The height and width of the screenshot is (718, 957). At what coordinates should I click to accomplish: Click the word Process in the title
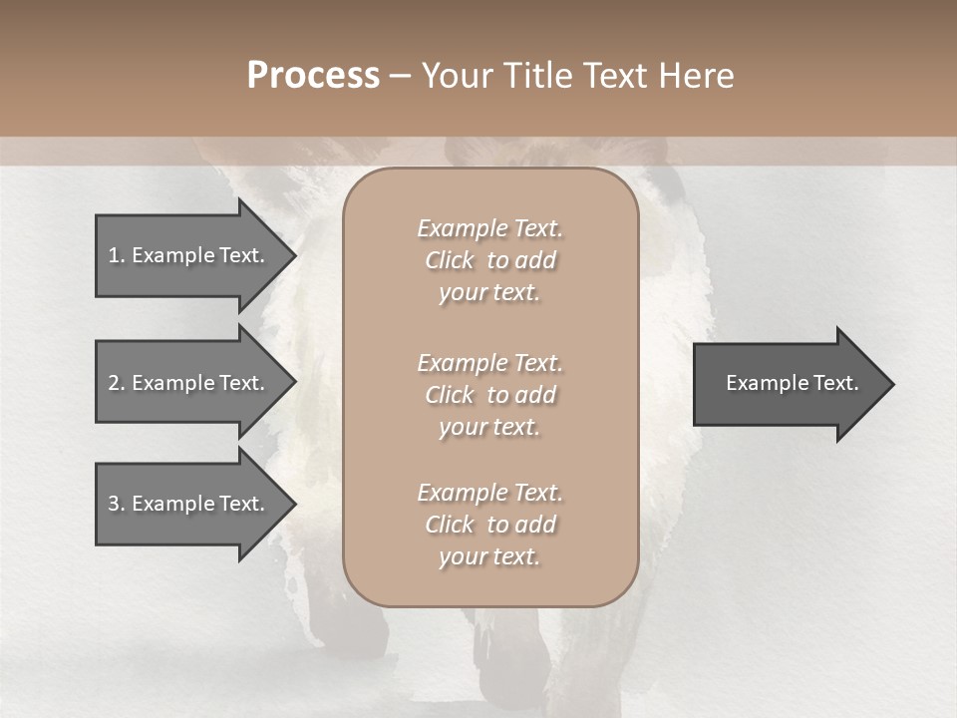(x=313, y=76)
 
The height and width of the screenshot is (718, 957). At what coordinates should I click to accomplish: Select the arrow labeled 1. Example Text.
(x=186, y=255)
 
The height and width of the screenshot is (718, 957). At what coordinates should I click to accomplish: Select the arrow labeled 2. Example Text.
(x=186, y=383)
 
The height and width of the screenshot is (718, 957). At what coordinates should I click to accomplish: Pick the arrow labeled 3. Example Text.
(x=186, y=504)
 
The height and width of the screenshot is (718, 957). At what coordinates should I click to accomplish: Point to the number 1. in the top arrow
(x=117, y=255)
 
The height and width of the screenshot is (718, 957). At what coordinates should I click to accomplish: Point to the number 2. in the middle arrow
(x=117, y=383)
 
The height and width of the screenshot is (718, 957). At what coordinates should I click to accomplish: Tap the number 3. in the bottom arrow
(x=117, y=504)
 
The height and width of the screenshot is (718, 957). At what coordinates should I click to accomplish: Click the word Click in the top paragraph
(x=450, y=260)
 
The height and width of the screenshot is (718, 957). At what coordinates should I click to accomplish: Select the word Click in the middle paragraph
(x=450, y=395)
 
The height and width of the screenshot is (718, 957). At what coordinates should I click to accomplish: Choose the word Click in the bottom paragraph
(x=450, y=525)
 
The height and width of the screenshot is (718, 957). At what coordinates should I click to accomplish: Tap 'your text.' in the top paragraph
(x=489, y=293)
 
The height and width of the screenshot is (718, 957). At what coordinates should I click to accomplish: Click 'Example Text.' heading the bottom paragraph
(x=489, y=493)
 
